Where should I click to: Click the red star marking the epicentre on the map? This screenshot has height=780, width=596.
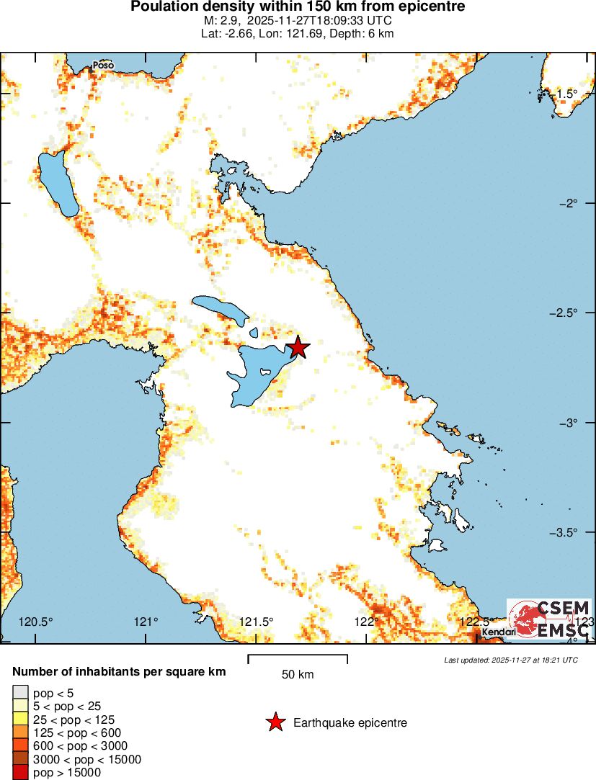pyautogui.click(x=298, y=348)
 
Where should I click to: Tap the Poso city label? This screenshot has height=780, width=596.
pyautogui.click(x=103, y=65)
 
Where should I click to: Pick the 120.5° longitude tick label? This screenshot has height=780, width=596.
pyautogui.click(x=36, y=622)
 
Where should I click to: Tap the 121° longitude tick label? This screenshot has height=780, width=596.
pyautogui.click(x=146, y=622)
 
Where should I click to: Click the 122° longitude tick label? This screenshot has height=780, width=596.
pyautogui.click(x=366, y=622)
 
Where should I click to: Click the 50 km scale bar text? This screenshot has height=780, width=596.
pyautogui.click(x=298, y=675)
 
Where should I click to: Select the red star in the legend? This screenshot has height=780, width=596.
pyautogui.click(x=275, y=722)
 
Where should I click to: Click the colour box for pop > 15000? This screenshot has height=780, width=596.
pyautogui.click(x=19, y=773)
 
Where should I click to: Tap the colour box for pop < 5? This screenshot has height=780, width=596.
pyautogui.click(x=19, y=693)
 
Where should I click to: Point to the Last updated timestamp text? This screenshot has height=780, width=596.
pyautogui.click(x=511, y=660)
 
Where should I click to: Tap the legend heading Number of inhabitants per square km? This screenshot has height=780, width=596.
pyautogui.click(x=119, y=671)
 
